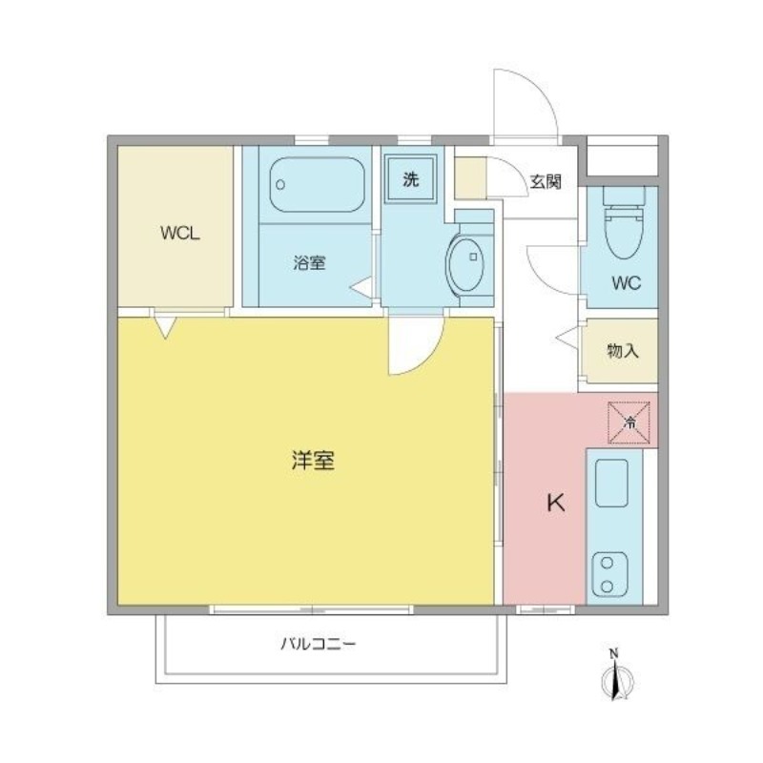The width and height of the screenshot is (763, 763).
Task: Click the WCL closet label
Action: pyautogui.click(x=180, y=234)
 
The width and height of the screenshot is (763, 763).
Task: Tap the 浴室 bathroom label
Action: pyautogui.click(x=309, y=263)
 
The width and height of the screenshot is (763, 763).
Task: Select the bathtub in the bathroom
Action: pyautogui.click(x=317, y=184)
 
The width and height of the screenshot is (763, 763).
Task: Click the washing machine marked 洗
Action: pyautogui.click(x=411, y=178)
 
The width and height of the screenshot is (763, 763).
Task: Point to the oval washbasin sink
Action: pyautogui.click(x=465, y=264)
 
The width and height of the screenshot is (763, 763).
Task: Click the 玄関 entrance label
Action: pyautogui.click(x=546, y=181)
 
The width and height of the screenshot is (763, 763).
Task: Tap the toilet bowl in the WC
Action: pyautogui.click(x=624, y=230)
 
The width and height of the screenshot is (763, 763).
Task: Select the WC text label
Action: pyautogui.click(x=627, y=282)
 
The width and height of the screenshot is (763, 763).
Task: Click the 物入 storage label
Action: pyautogui.click(x=623, y=350)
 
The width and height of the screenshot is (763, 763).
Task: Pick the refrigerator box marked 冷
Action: pyautogui.click(x=629, y=423)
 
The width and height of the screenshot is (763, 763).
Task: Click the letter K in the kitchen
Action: pyautogui.click(x=556, y=503)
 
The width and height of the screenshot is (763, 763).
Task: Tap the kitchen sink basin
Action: pyautogui.click(x=611, y=483)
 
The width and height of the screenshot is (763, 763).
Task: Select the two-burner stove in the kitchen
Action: pyautogui.click(x=609, y=575)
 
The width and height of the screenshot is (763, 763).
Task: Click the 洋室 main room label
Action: pyautogui.click(x=313, y=461)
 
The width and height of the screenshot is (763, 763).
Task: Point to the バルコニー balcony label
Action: pyautogui.click(x=319, y=645)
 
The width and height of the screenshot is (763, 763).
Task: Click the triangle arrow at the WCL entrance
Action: pyautogui.click(x=165, y=326)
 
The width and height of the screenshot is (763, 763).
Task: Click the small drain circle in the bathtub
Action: pyautogui.click(x=280, y=185)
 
